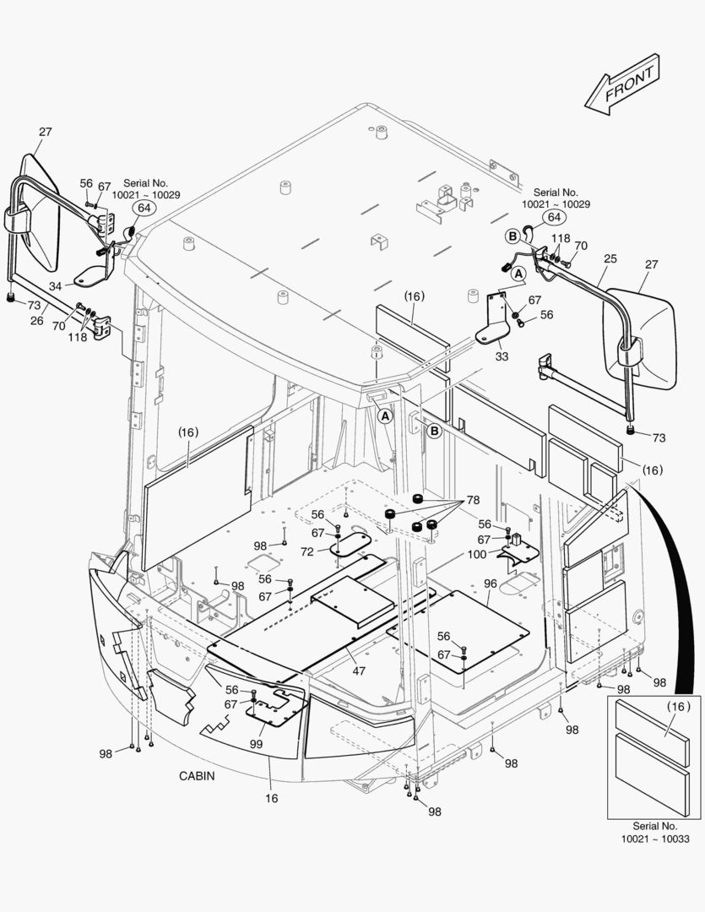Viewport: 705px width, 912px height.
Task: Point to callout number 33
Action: (x=502, y=356)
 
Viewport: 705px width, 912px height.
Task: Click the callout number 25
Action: (x=610, y=258)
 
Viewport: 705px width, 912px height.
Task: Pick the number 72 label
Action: (x=306, y=551)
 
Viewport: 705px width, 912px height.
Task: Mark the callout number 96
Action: (x=490, y=583)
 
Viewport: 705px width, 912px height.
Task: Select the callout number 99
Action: (x=256, y=743)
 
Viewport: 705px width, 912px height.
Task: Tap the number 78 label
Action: (x=473, y=500)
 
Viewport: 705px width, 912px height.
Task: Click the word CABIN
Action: (x=197, y=775)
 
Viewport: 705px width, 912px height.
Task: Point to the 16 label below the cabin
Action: (x=272, y=797)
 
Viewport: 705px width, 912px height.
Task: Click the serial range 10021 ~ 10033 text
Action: (x=655, y=839)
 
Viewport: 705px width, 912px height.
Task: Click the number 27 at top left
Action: (x=46, y=132)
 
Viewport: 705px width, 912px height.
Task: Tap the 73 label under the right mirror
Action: (x=659, y=437)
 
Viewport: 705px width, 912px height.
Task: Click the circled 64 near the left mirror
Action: (x=144, y=208)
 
